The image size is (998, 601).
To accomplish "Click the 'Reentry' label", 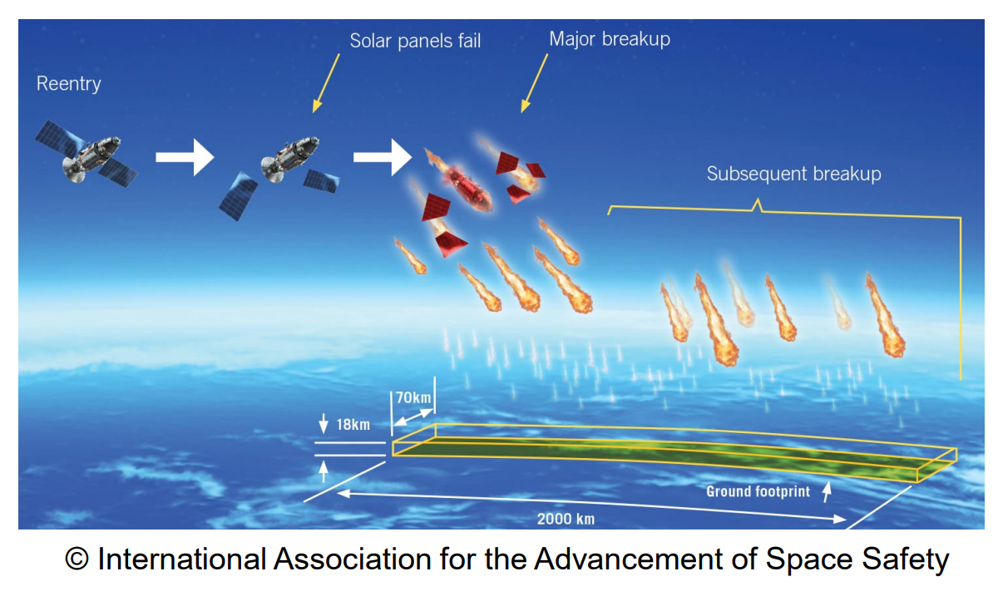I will (68, 84).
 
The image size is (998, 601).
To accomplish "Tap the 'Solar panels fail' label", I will (415, 41).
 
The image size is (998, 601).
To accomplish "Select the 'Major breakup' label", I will (609, 39).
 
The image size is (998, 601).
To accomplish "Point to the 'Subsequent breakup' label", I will (793, 174).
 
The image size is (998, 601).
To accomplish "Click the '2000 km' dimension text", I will (566, 519).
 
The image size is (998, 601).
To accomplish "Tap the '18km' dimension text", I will (353, 424).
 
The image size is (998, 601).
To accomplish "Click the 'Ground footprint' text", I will (758, 491).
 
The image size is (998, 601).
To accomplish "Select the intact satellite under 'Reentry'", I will (86, 156).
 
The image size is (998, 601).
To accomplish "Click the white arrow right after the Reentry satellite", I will (185, 157).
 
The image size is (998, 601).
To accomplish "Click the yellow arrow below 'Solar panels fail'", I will (326, 83).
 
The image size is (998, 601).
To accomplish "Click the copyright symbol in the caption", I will (77, 559).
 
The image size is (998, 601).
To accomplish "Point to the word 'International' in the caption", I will (184, 559).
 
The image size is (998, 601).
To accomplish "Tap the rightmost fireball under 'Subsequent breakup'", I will (887, 320).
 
